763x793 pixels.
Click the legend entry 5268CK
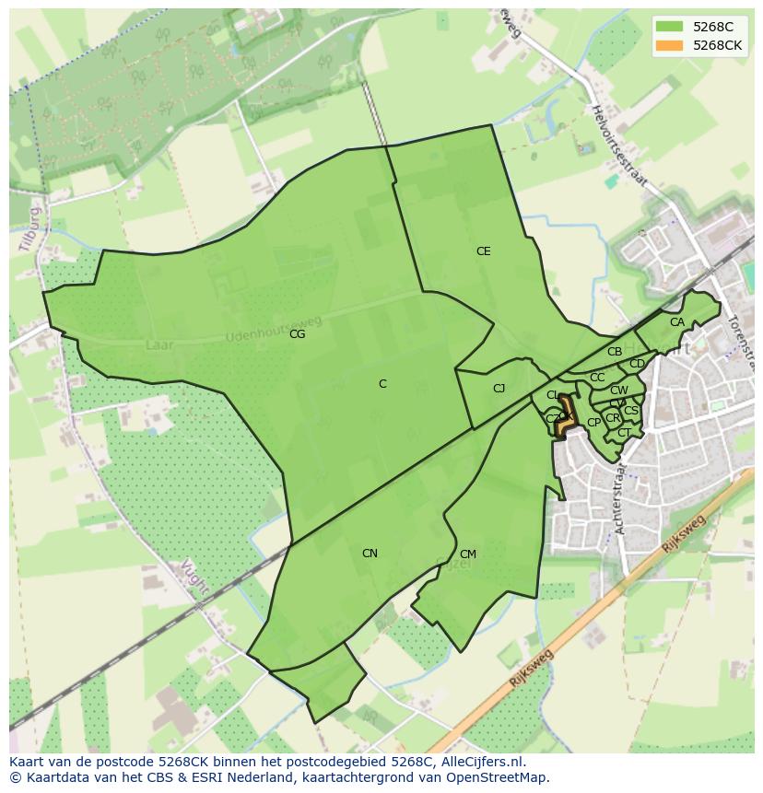pos(718,45)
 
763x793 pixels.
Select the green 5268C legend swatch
pos(670,27)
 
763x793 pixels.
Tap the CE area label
pos(483,251)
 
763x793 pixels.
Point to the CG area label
pos(297,334)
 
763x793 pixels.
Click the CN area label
pos(370,554)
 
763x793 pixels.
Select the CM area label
pos(467,554)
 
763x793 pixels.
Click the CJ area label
pos(499,389)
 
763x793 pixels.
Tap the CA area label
pos(677,322)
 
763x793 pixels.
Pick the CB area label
pos(615,352)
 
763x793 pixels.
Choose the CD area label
pos(637,364)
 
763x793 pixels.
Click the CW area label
pos(619,391)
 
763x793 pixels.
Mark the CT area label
pos(624,433)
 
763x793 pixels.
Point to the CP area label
pos(593,423)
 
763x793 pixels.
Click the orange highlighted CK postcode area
pos(565,415)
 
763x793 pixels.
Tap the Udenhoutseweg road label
pos(274,329)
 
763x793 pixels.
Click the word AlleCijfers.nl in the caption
pos(479,762)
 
